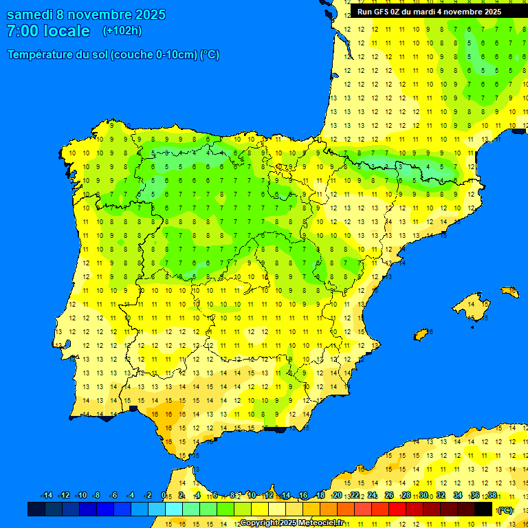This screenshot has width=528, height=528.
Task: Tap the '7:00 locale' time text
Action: (x=48, y=31)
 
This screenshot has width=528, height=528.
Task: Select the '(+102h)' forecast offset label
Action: (x=122, y=31)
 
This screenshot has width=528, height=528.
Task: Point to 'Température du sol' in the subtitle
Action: (x=57, y=55)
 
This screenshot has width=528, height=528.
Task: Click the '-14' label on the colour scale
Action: (x=47, y=495)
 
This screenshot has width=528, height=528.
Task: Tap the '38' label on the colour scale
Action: (x=492, y=495)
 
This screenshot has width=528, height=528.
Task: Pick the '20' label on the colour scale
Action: (x=338, y=495)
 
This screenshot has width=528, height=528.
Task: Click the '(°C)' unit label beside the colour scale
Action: (x=505, y=510)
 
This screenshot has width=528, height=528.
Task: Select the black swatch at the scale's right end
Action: (x=483, y=509)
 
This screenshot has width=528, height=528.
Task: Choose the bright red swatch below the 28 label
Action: (x=397, y=509)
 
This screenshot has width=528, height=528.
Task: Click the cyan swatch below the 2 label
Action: (x=174, y=509)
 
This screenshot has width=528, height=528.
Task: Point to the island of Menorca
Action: (x=510, y=292)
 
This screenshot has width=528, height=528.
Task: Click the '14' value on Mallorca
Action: (x=472, y=303)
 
